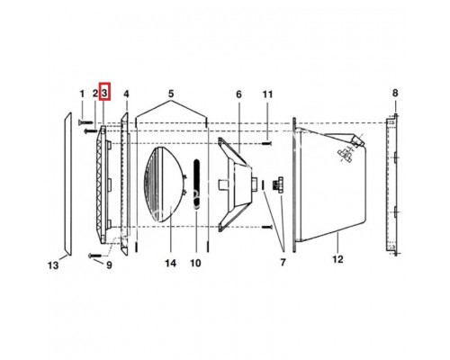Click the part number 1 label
click(82, 94)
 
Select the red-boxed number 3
click(104, 91)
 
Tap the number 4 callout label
click(126, 94)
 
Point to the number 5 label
click(171, 94)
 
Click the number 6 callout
click(238, 94)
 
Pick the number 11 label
click(267, 94)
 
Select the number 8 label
click(395, 93)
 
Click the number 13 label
click(53, 265)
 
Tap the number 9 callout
click(109, 265)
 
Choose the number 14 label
click(170, 264)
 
